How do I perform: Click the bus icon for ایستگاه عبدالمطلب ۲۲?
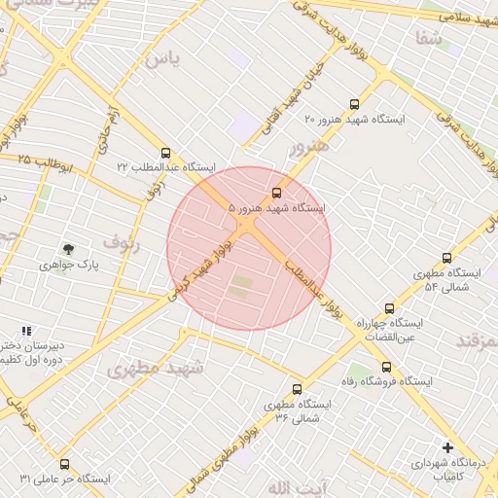click(165, 153)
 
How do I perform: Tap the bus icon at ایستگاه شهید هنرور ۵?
click(277, 193)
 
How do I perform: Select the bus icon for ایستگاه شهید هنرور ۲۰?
click(352, 103)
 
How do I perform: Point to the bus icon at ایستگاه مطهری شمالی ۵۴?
click(446, 259)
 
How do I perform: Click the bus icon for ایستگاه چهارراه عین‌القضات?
click(389, 306)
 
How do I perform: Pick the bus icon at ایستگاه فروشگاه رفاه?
click(387, 367)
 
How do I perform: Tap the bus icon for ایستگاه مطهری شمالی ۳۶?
click(297, 390)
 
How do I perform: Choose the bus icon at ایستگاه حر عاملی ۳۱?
click(65, 464)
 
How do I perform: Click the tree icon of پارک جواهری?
click(67, 249)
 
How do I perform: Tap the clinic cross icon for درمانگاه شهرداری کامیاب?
click(447, 447)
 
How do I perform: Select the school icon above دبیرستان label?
click(26, 332)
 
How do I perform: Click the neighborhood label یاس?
click(162, 59)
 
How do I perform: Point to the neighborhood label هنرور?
click(310, 148)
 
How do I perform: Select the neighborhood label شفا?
click(428, 39)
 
